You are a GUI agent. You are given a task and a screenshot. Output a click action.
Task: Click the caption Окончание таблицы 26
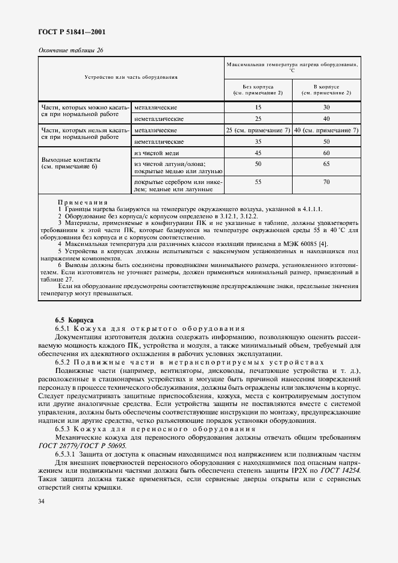pyautogui.click(x=70, y=50)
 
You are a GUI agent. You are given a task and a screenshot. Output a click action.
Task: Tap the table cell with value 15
pyautogui.click(x=258, y=107)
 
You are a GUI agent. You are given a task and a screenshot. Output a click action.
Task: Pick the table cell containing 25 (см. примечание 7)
pyautogui.click(x=258, y=130)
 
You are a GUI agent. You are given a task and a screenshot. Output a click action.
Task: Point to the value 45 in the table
pyautogui.click(x=258, y=153)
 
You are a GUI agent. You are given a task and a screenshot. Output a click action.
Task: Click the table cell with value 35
pyautogui.click(x=258, y=141)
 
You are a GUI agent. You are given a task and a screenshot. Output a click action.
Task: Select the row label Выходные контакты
pyautogui.click(x=69, y=159)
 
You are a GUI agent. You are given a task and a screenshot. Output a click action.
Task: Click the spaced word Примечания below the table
pyautogui.click(x=83, y=202)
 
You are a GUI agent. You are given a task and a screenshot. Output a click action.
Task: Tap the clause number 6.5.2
pyautogui.click(x=64, y=362)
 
